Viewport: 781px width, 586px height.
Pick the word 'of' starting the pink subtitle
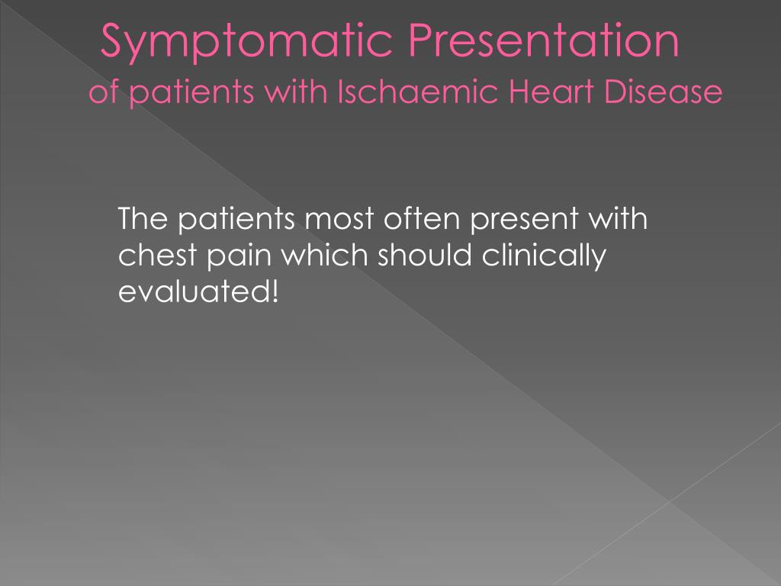click(x=100, y=93)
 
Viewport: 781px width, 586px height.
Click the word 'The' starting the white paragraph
click(x=143, y=220)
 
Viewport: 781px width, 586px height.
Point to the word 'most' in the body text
click(x=339, y=220)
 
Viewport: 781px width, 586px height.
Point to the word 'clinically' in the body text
click(x=542, y=256)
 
